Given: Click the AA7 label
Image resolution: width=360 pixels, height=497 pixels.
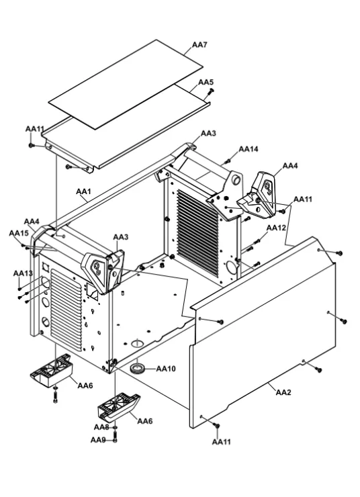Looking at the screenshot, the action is pos(199,45).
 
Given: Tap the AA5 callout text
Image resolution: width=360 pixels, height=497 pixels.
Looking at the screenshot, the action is pos(206,82).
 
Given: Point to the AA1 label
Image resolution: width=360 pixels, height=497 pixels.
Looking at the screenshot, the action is pos(84,191).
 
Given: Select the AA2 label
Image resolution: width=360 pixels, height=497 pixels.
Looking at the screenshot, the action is pos(283,392).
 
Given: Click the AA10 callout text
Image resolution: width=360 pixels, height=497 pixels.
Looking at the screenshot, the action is pos(166,369).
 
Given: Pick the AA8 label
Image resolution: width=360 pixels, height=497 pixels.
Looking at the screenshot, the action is pos(101,427).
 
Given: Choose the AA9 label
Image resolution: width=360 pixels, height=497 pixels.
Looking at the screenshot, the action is pos(98,440).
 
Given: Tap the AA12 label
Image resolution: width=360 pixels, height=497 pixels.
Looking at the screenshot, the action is pos(276,228).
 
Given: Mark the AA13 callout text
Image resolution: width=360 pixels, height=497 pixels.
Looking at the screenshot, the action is pos(23,273).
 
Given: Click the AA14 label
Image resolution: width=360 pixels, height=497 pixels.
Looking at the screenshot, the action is pos(249,149).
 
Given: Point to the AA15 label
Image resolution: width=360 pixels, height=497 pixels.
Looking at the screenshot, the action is pos(19,233).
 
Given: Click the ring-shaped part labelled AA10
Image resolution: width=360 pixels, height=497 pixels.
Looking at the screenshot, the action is pos(138,369).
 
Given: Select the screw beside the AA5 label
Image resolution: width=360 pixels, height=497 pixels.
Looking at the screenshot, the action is pos(210,91).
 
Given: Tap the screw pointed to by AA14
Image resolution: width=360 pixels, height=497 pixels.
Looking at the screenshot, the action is pos(226,162).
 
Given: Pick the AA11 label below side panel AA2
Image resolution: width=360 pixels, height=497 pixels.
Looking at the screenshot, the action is pos(221,441).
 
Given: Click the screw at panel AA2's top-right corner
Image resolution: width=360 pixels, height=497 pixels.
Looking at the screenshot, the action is pos(339,253).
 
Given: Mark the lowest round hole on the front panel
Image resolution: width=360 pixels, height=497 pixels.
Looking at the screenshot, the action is pos(46,322).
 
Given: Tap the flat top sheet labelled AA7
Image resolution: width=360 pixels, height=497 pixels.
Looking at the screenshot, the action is pos(126,85).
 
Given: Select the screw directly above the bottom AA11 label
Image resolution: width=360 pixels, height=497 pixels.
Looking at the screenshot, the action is pos(217,425).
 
